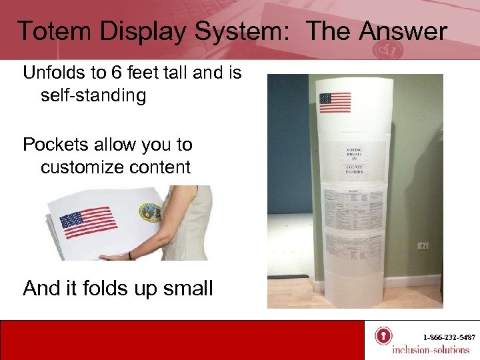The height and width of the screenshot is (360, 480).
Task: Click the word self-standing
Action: click(x=93, y=95)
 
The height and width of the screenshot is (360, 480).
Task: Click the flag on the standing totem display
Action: click(x=335, y=103)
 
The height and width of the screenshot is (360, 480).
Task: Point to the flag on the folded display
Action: click(x=88, y=223)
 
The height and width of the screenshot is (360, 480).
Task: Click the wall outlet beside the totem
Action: click(x=423, y=245)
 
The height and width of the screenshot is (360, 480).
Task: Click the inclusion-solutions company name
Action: click(x=430, y=350)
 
